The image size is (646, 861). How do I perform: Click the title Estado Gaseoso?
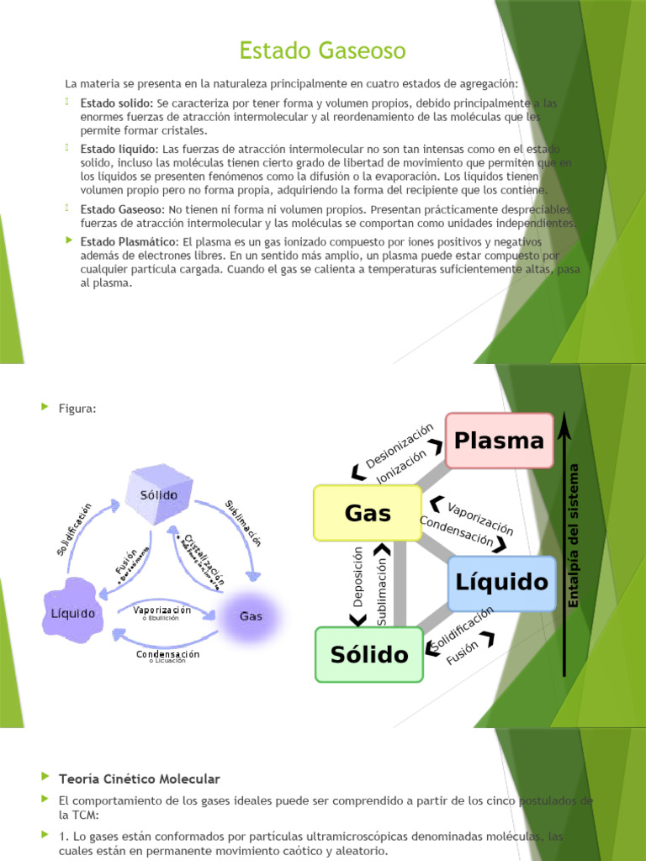(x=322, y=51)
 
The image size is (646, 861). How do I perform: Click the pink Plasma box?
(x=499, y=441)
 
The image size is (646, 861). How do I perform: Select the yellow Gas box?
(x=368, y=513)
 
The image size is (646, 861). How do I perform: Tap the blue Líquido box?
(x=501, y=583)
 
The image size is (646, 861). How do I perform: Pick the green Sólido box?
(x=369, y=654)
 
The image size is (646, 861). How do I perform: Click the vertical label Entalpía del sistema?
(x=575, y=535)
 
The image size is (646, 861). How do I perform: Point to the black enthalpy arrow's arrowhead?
(x=564, y=425)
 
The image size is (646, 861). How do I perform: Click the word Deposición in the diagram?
(x=357, y=576)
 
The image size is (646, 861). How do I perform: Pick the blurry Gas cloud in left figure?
(x=251, y=615)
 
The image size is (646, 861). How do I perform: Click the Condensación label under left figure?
(x=168, y=653)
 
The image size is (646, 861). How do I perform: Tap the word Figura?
(x=77, y=409)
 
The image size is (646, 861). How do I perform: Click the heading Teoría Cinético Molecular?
(x=139, y=779)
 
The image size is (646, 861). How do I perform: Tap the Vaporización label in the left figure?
(x=162, y=610)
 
